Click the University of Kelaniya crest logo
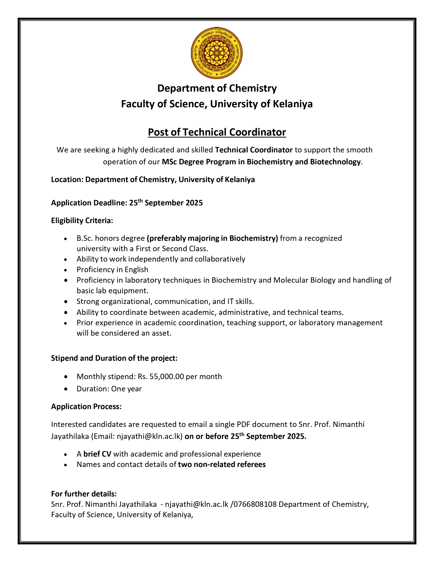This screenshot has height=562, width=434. coord(217,53)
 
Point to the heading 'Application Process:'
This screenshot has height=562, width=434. coord(86,406)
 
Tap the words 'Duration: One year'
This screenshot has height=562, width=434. coord(109,389)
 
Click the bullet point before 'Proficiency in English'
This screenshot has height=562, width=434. coord(66,270)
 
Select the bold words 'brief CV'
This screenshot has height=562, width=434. coord(97,454)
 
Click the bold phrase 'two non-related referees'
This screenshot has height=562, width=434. coord(222,464)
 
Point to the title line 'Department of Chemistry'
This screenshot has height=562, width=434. coord(217,88)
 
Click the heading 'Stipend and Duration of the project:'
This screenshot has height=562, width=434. coord(114,358)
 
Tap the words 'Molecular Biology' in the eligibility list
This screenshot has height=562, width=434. coord(304,280)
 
